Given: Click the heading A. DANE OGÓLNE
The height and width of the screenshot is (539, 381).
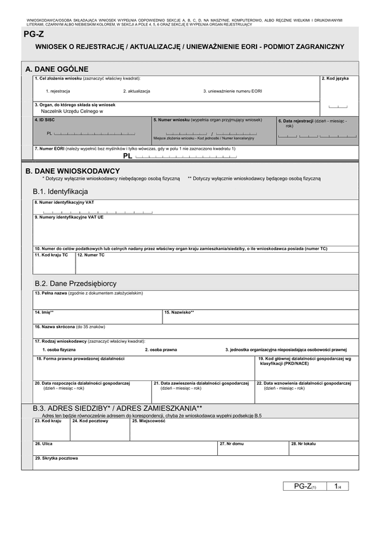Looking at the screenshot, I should (x=57, y=69).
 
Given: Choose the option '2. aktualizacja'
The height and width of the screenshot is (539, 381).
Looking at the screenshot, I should (x=137, y=91).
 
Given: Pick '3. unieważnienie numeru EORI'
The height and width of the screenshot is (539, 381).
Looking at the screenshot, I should (x=232, y=91).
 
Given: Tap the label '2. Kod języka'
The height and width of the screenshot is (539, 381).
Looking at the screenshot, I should (x=335, y=78).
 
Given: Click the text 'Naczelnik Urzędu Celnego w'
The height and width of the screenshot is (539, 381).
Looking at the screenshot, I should (x=71, y=111).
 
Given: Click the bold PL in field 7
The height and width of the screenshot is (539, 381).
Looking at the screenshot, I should (x=128, y=156).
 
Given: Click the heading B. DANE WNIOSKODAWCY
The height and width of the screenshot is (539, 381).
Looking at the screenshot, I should (x=72, y=171).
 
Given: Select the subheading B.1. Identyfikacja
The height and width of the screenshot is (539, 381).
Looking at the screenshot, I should (x=60, y=191).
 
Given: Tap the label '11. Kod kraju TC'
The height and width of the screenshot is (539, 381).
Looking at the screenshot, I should (x=51, y=255).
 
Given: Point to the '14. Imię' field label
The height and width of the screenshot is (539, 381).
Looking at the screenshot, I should (x=44, y=312).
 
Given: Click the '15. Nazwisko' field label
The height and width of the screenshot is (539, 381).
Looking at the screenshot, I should (x=179, y=312).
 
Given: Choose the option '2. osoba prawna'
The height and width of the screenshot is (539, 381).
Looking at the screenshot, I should (x=161, y=350).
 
